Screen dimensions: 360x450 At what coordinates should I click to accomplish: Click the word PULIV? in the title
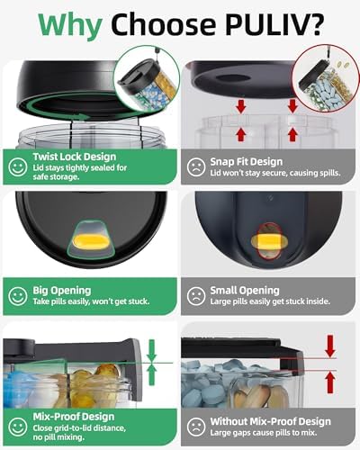tap(274, 23)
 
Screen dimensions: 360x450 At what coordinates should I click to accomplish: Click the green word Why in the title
tap(70, 25)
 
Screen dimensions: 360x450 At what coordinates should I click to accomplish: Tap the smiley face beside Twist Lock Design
tap(18, 166)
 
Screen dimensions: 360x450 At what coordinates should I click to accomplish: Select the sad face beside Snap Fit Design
tap(196, 166)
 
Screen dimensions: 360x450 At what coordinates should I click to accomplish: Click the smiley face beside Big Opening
tap(18, 296)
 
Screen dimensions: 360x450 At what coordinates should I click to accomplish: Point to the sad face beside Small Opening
tap(196, 296)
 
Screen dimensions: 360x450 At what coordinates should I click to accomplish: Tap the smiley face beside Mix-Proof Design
tap(18, 427)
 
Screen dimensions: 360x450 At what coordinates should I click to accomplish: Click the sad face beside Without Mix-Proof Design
tap(196, 427)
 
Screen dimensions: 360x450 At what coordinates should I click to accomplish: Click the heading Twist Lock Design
tap(75, 157)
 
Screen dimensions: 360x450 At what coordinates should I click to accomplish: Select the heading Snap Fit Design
tap(247, 162)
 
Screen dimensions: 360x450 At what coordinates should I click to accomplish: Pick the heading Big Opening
tap(62, 291)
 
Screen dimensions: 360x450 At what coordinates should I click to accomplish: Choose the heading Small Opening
tap(245, 291)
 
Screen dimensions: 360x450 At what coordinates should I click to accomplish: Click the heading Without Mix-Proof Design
tap(270, 421)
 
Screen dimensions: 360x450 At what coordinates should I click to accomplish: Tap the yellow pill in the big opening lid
tap(90, 241)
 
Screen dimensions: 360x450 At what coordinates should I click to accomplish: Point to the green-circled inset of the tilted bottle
tap(146, 79)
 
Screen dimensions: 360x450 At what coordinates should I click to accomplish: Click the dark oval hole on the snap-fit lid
tap(233, 77)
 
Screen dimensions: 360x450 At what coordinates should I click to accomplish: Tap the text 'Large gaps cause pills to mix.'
tap(263, 433)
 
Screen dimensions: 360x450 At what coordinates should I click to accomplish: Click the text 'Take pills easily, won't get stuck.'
tap(91, 301)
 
